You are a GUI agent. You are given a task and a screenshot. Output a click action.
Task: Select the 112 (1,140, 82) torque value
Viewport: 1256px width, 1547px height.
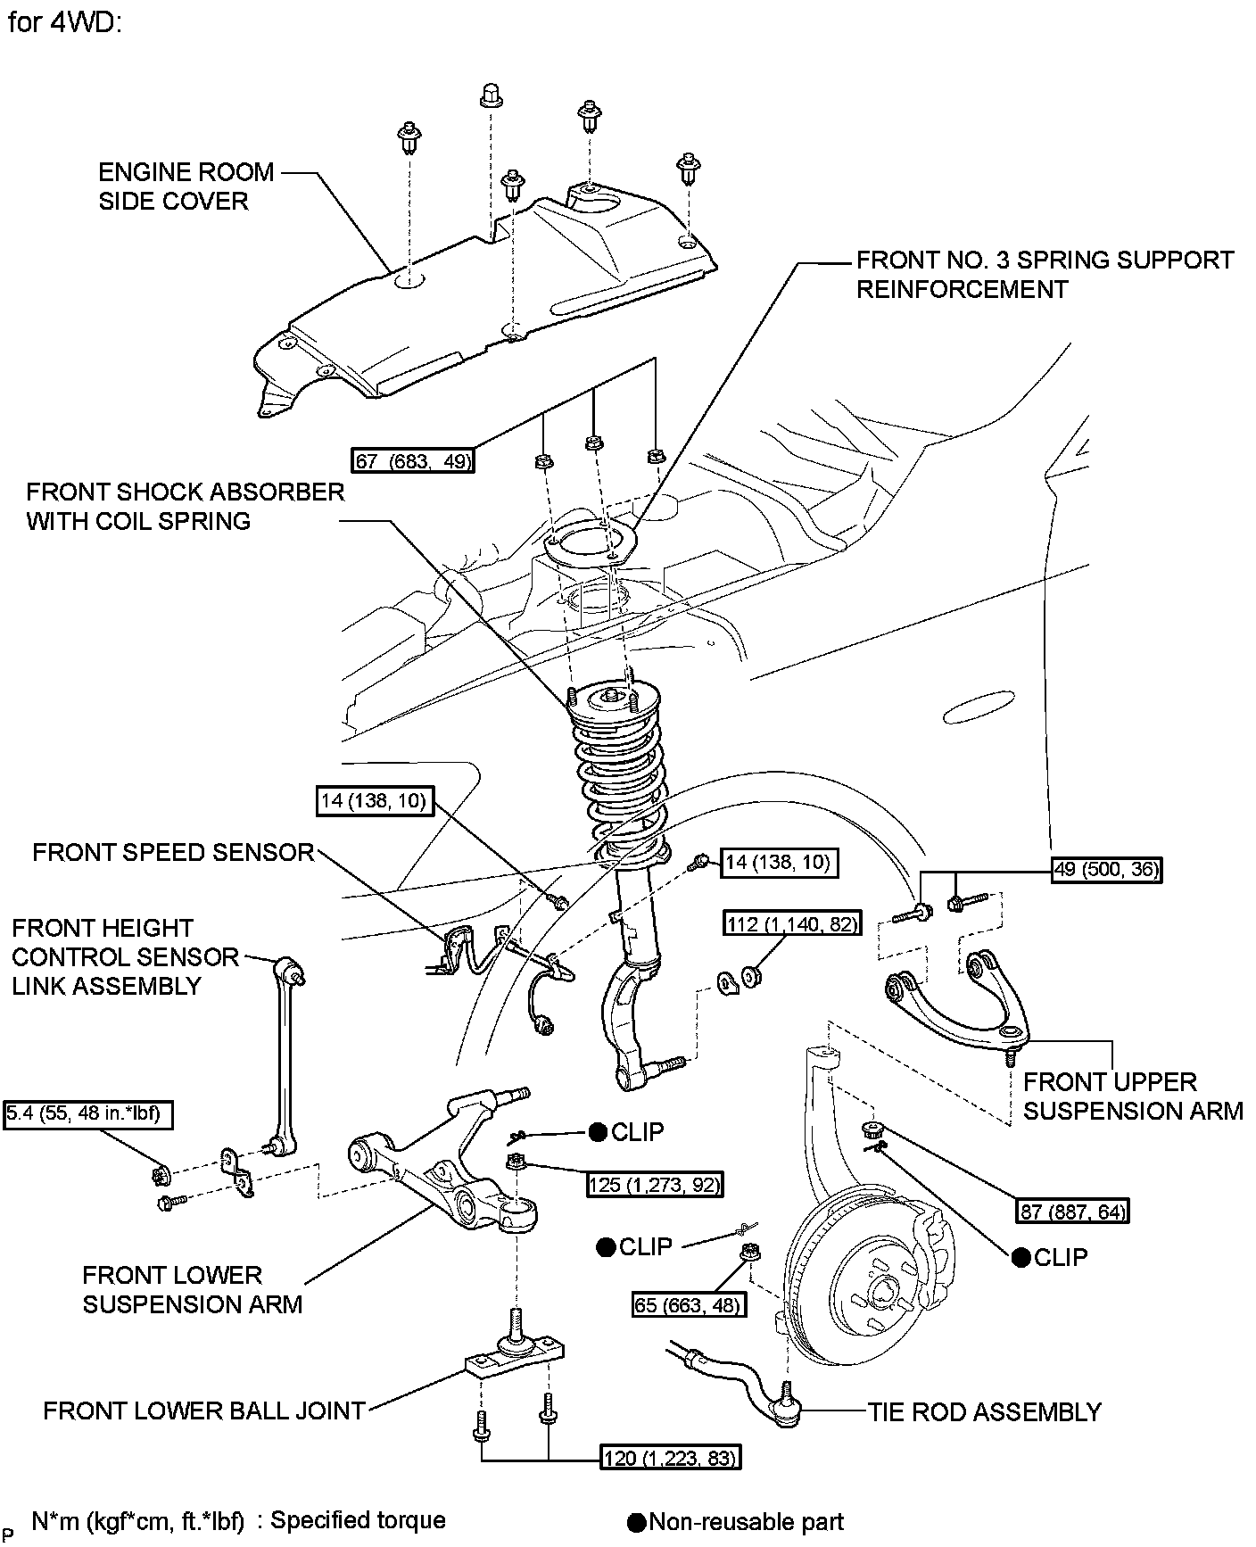(x=792, y=924)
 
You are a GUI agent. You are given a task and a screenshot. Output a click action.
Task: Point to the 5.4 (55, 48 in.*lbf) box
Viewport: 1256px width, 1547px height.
(x=87, y=1114)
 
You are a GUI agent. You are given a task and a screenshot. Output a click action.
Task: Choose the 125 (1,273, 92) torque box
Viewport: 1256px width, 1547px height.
(x=654, y=1185)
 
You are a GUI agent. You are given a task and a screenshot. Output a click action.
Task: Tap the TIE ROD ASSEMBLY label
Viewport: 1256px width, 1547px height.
(x=985, y=1411)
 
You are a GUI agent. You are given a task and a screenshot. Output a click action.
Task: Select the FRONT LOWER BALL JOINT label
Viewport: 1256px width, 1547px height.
(x=204, y=1410)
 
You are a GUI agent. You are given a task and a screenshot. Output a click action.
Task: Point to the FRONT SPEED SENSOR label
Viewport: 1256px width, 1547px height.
(x=173, y=852)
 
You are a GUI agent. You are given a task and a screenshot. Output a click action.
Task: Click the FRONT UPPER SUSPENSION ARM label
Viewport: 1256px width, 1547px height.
(x=1132, y=1096)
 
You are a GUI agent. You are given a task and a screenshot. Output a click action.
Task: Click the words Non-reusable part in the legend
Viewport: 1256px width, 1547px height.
(x=746, y=1522)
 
